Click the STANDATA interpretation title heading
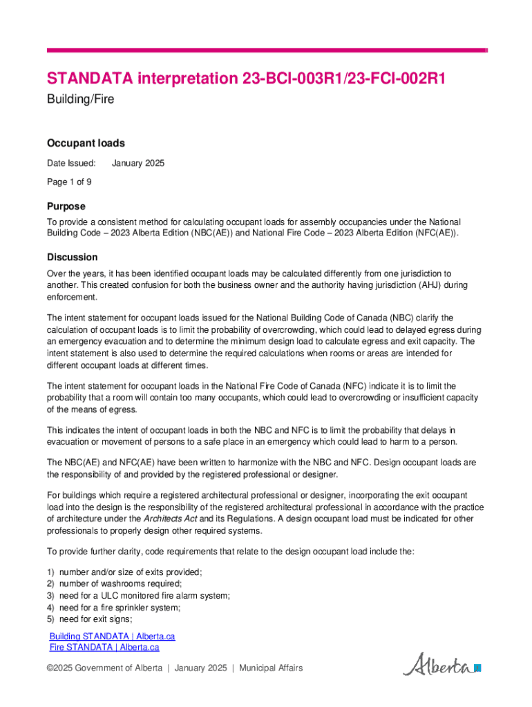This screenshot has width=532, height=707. (x=246, y=79)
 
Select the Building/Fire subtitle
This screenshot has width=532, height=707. (x=80, y=99)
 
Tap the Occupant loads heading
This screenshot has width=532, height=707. (x=86, y=144)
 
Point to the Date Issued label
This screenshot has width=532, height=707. (x=71, y=164)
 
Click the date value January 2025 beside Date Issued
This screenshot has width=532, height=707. (x=138, y=164)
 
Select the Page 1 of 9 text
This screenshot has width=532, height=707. (x=69, y=182)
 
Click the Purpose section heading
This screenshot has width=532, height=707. (x=66, y=206)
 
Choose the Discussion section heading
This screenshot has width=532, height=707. (x=72, y=257)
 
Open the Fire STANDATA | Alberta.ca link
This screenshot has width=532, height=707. (x=104, y=648)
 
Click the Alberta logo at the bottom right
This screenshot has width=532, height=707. (x=441, y=666)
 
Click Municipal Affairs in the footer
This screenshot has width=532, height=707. (x=271, y=668)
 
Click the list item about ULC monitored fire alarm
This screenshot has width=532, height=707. (x=144, y=596)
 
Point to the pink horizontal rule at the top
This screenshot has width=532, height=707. (x=267, y=50)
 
